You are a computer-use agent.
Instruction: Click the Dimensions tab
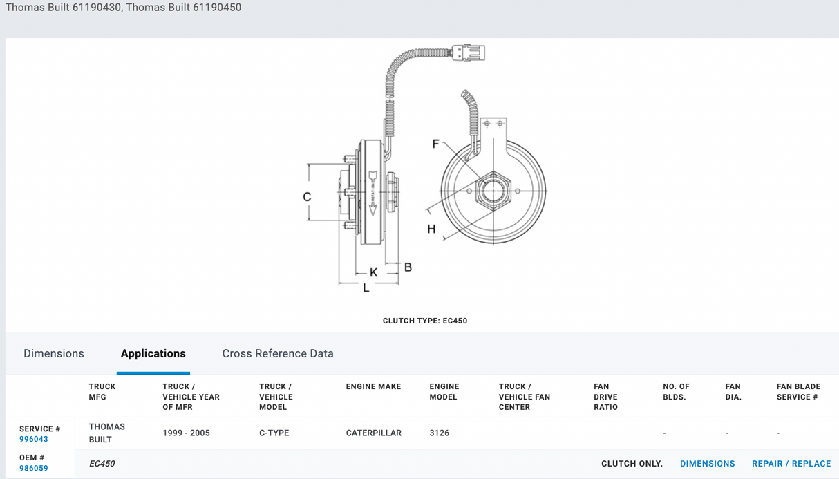(54, 353)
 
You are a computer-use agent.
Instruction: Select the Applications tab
(153, 353)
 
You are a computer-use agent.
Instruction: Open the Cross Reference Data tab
(278, 353)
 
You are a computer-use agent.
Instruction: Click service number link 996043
(34, 439)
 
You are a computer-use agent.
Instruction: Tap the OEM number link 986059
(34, 468)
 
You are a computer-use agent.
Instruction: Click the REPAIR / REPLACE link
(791, 464)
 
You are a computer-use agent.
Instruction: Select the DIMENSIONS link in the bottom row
(707, 464)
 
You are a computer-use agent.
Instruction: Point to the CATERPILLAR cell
(373, 433)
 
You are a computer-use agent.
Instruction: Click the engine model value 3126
(439, 433)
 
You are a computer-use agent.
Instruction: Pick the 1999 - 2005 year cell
(186, 433)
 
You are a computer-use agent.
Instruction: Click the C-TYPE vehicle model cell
(274, 433)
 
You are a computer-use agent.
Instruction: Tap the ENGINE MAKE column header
(373, 386)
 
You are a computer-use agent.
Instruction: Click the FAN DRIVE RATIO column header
(605, 397)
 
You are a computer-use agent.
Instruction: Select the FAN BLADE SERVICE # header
(798, 392)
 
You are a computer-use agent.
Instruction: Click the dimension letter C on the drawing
(307, 197)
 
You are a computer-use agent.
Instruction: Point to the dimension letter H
(431, 229)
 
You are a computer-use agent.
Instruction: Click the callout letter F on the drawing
(435, 144)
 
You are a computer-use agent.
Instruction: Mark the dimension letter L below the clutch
(366, 288)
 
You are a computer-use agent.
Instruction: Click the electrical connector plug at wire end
(468, 53)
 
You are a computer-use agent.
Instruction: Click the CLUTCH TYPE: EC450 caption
(424, 321)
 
